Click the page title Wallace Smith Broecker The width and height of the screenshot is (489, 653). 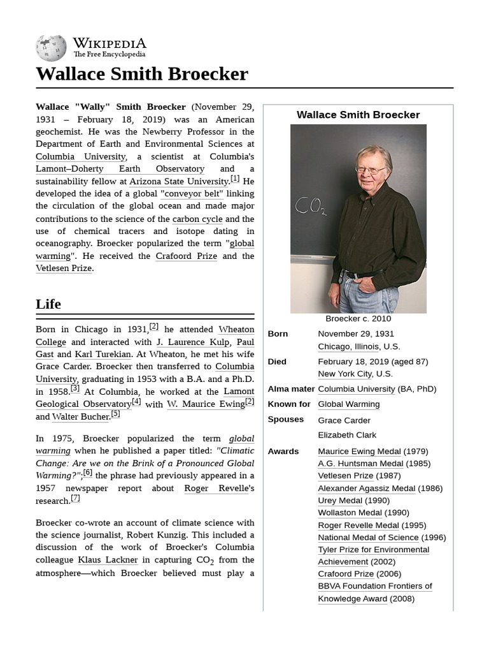tap(141, 74)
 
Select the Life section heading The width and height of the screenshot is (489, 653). tap(48, 304)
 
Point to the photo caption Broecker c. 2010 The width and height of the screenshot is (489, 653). tap(358, 319)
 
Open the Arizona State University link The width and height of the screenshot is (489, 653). tap(178, 182)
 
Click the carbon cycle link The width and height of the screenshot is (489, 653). tap(197, 219)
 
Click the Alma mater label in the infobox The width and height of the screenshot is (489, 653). tap(291, 389)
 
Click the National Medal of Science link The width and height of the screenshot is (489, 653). tap(368, 538)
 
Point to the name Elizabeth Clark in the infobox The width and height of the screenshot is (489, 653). tap(347, 435)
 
